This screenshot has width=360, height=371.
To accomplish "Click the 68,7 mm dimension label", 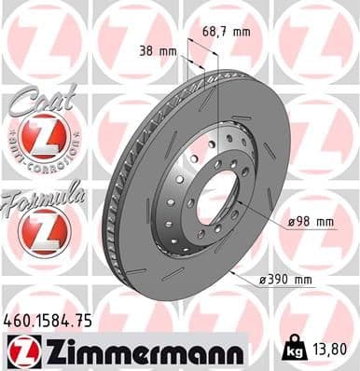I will [x=228, y=32].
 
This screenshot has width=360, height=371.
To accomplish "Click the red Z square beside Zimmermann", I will [x=20, y=350].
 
